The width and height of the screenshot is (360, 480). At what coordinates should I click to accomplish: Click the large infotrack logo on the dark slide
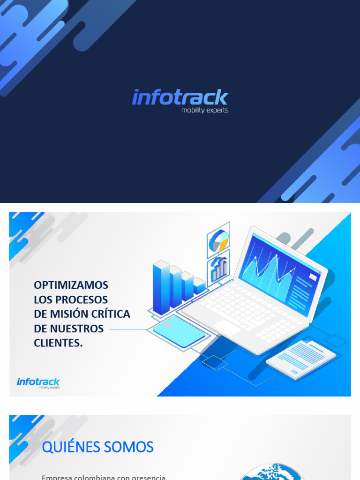coord(180,97)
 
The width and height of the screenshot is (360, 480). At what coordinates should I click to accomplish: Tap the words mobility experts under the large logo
coord(205,111)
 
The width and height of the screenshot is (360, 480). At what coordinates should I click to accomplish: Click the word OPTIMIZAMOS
coord(71,285)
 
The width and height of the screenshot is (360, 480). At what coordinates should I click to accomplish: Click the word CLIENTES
coord(58,343)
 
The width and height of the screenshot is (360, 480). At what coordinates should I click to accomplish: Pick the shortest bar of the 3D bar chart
coord(199,286)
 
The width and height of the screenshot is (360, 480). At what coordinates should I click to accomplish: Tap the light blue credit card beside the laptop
coord(179,331)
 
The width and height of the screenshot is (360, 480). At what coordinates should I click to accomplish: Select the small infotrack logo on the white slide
coord(38,382)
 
